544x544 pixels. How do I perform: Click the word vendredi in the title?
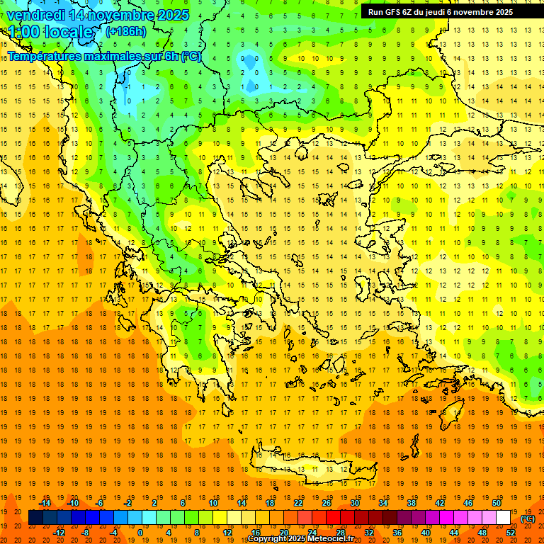pos(37,15)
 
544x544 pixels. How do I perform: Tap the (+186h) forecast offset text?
pos(125,31)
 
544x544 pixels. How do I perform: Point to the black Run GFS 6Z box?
pos(446,11)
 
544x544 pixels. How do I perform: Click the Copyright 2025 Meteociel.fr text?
pos(300,539)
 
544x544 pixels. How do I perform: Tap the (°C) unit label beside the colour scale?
pos(527,518)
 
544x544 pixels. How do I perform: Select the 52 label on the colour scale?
pos(511,533)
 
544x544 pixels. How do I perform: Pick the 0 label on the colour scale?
pos(140,533)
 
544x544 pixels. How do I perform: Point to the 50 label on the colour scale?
pos(497,503)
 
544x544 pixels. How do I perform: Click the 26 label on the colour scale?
pos(327,503)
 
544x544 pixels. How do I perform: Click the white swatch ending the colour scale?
pos(504,518)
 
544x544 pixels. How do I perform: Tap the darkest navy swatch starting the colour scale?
pos(36,518)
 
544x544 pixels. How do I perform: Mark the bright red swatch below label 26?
pos(334,518)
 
